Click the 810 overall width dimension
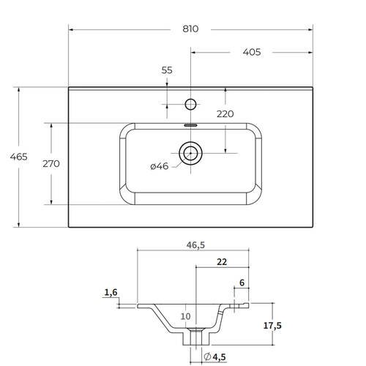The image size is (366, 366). click(190, 29)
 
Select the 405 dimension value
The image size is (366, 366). click(252, 52)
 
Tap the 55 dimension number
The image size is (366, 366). click(167, 70)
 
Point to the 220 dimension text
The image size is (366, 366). click(225, 114)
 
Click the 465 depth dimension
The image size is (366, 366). click(19, 157)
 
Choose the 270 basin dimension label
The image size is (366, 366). click(51, 163)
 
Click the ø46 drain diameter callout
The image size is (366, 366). click(160, 166)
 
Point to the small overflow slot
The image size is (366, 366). click(190, 125)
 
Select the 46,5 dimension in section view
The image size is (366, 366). click(195, 245)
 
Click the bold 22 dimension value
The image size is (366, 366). click(222, 262)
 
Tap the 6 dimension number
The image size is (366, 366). click(242, 283)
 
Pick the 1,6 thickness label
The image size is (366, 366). click(111, 292)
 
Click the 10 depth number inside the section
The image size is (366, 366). click(185, 316)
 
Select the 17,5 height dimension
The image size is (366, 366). click(272, 326)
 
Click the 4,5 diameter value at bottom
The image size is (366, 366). click(219, 357)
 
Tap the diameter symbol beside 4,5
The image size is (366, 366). click(207, 356)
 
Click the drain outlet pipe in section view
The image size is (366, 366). click(196, 337)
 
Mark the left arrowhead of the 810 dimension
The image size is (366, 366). click(71, 30)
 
